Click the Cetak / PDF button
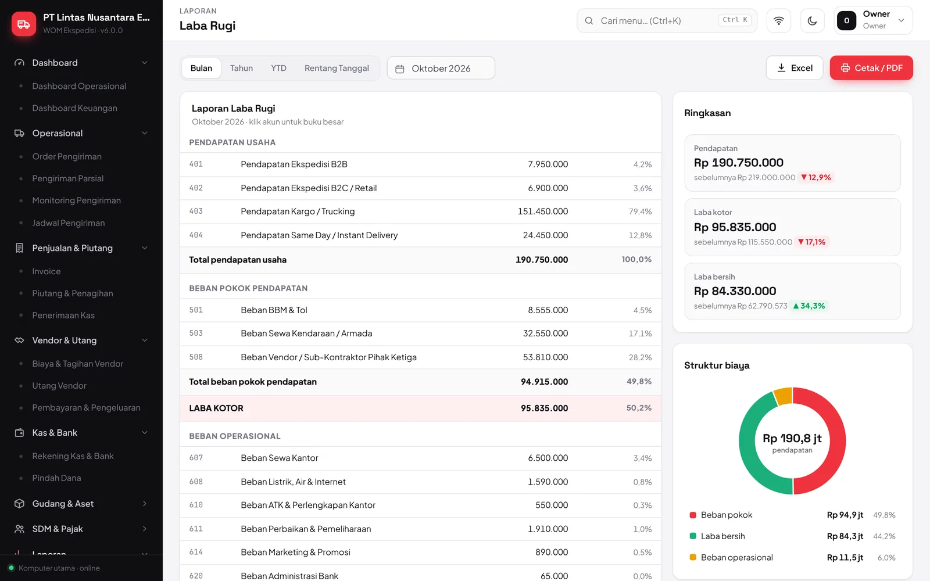coord(871,67)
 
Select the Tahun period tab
coord(241,68)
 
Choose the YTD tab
coord(278,68)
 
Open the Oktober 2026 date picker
coord(441,68)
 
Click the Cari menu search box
coord(667,20)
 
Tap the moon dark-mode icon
coord(812,20)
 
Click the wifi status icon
coord(778,20)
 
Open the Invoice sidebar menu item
coord(46,271)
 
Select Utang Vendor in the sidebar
coord(59,386)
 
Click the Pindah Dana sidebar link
coord(56,478)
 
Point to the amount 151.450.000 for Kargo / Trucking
coord(543,211)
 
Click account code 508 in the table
coord(196,357)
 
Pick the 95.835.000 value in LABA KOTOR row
coord(544,408)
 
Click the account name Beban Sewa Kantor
coord(280,458)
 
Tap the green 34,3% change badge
coord(809,306)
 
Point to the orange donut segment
coord(784,396)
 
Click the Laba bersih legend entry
coord(723,536)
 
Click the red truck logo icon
coord(24,24)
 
